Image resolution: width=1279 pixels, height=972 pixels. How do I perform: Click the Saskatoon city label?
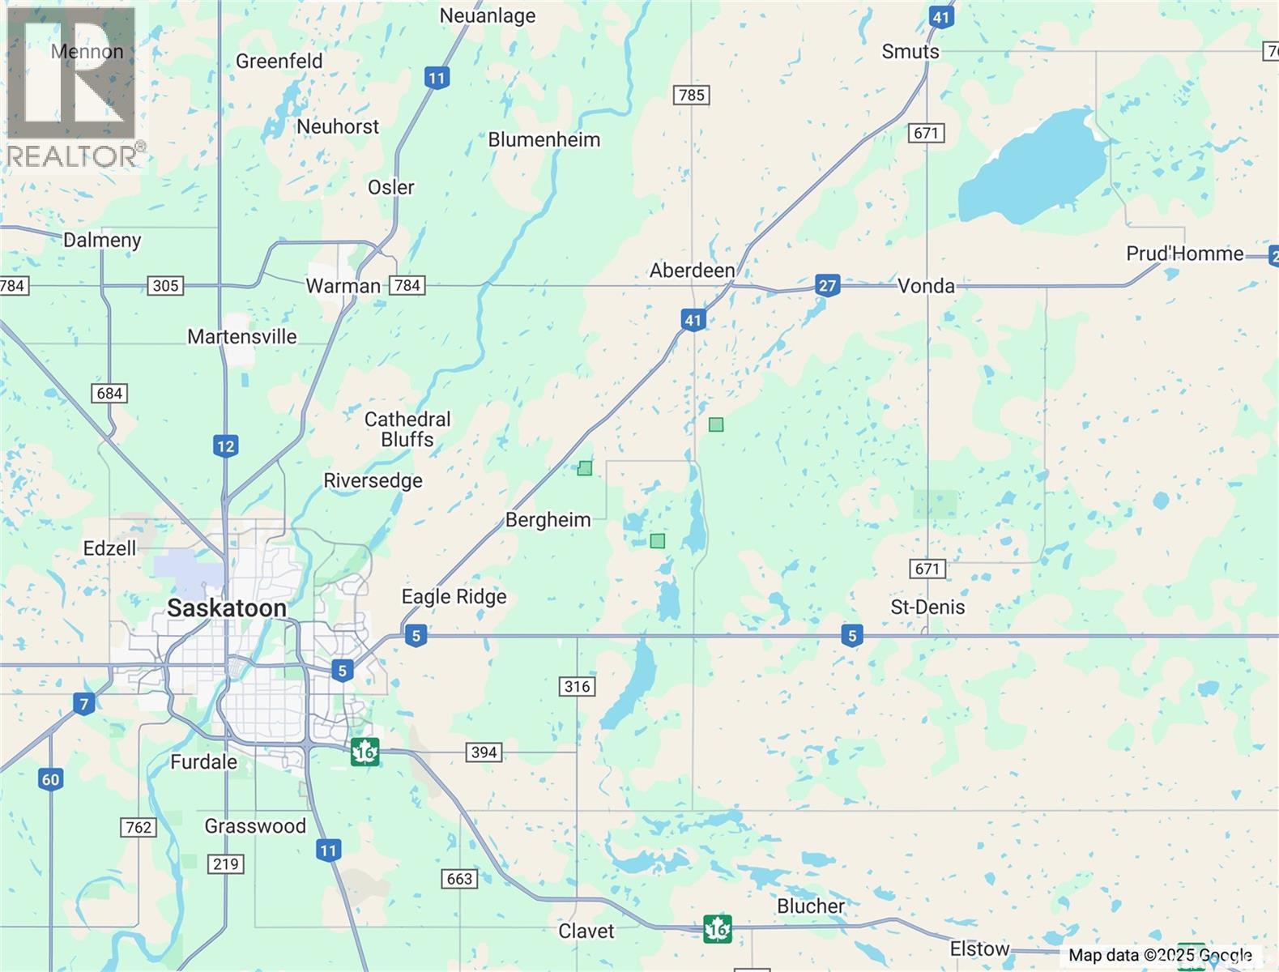(226, 608)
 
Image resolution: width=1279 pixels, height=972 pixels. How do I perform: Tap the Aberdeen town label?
(692, 271)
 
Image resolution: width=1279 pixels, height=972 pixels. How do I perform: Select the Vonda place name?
(926, 286)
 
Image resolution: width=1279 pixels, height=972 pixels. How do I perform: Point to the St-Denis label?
(927, 607)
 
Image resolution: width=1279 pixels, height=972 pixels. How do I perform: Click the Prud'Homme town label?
(1184, 254)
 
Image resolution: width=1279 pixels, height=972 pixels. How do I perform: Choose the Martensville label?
(241, 336)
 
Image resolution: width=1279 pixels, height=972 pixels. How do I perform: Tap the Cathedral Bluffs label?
(407, 429)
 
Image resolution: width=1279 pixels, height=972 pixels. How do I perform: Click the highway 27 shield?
(827, 285)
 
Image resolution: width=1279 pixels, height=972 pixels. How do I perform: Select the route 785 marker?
(691, 95)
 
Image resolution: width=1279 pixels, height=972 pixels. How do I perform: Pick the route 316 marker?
(577, 686)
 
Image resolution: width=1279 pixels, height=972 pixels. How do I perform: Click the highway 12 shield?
(225, 446)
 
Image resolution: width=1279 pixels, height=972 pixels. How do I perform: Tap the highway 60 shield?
(50, 779)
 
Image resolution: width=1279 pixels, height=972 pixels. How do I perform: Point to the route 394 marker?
(484, 752)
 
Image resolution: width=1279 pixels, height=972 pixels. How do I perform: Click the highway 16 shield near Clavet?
(718, 928)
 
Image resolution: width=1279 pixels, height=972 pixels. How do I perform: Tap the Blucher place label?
(810, 906)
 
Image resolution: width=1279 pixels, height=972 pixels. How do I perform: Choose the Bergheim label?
(548, 520)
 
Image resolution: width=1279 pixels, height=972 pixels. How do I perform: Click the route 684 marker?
(109, 394)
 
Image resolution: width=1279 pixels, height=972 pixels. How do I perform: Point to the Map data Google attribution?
(1160, 956)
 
